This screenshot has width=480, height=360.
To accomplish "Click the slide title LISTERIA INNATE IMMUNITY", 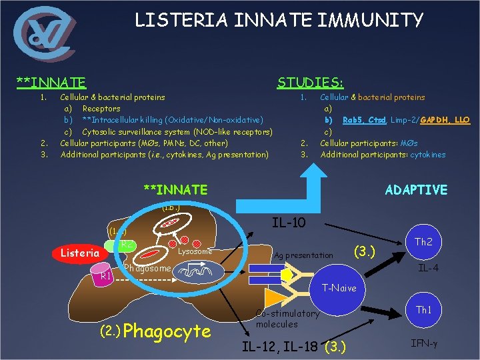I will [279, 21].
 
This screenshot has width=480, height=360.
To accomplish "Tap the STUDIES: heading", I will [310, 83].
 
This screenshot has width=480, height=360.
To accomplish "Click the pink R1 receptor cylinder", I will [105, 276].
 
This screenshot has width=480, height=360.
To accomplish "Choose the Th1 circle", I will [423, 310].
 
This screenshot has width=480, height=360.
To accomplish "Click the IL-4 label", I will [427, 269].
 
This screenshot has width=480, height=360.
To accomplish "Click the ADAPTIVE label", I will [416, 190].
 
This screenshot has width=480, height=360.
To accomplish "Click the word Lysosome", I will [195, 251].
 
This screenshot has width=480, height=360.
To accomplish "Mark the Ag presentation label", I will [303, 255].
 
